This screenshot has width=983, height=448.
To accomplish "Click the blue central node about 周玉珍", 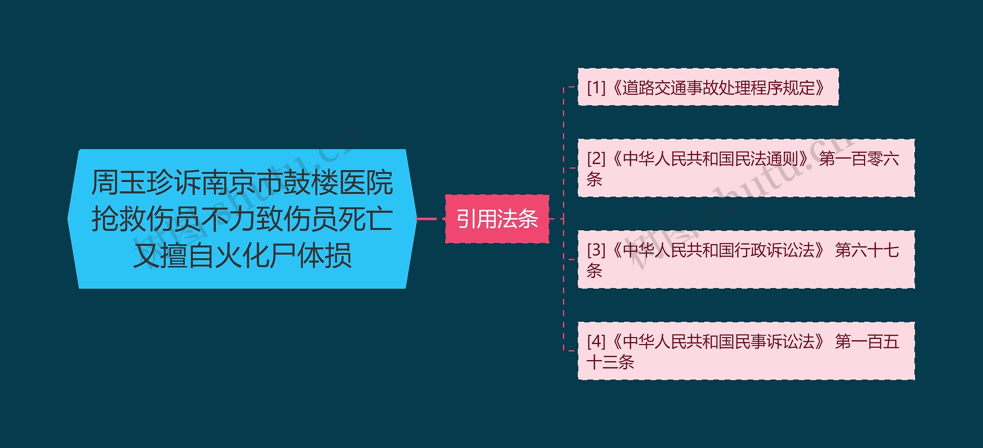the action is tap(242, 219).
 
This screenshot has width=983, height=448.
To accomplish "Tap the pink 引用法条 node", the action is tap(497, 219).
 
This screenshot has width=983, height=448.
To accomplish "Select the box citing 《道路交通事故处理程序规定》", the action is tap(708, 88).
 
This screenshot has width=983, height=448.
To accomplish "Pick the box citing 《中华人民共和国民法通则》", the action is tap(746, 168).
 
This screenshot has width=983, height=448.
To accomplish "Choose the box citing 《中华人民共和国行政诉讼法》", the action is tap(746, 260).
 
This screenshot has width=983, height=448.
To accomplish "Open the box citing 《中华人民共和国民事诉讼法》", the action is tap(746, 351).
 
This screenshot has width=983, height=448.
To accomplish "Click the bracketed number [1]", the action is tap(596, 88).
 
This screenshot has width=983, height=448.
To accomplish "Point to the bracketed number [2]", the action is tap(596, 159).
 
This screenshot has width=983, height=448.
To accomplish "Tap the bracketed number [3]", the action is tap(596, 250).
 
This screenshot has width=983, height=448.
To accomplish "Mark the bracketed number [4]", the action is tap(596, 341).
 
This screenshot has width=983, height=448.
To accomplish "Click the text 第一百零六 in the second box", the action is tap(859, 159).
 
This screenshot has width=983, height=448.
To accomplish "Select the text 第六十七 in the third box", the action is tap(867, 250).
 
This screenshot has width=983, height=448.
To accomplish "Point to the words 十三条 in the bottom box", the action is tap(611, 362).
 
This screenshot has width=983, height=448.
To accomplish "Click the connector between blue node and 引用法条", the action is tap(427, 219).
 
